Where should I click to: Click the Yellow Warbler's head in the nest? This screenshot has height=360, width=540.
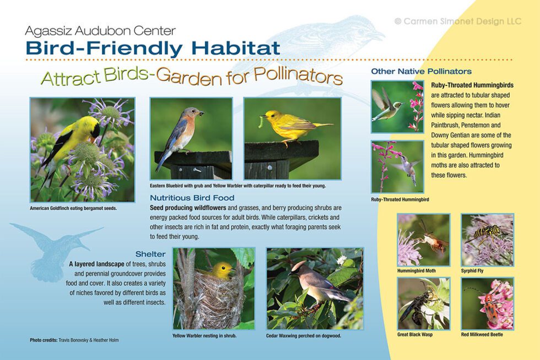[x=222, y=270]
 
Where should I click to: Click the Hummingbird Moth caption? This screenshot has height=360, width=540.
[x=417, y=271]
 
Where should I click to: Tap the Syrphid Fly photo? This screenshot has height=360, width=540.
[x=487, y=240]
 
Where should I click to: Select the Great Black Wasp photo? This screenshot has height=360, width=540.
[x=423, y=303]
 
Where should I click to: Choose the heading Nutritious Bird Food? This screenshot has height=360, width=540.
[x=192, y=197]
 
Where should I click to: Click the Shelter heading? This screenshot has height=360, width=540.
[x=150, y=254]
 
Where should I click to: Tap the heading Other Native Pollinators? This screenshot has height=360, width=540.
[x=421, y=71]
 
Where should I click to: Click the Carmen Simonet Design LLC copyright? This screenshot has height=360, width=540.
[x=457, y=21]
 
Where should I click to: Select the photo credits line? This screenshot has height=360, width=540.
[x=74, y=340]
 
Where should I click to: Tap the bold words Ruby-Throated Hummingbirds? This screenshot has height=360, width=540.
[x=472, y=85]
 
